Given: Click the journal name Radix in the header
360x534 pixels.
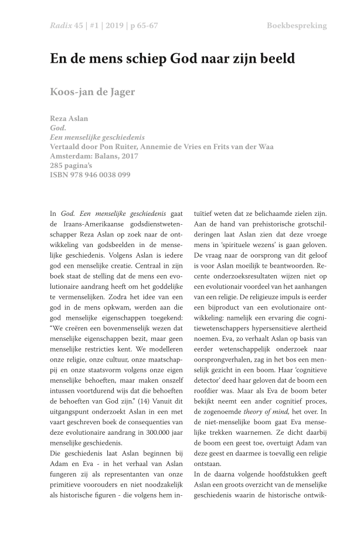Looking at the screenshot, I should click(60, 25).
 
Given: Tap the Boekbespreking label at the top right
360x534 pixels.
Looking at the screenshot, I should click(297, 25).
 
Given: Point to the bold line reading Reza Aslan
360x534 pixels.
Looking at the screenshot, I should click(69, 119).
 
